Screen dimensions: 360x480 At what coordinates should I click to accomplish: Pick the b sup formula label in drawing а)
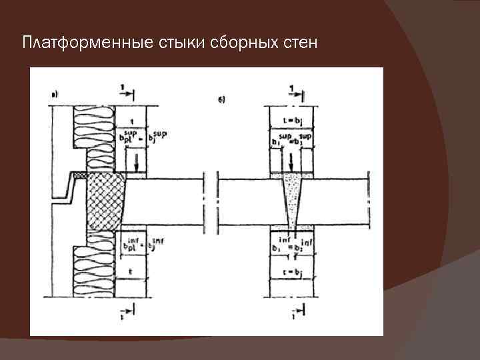point(141,138)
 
